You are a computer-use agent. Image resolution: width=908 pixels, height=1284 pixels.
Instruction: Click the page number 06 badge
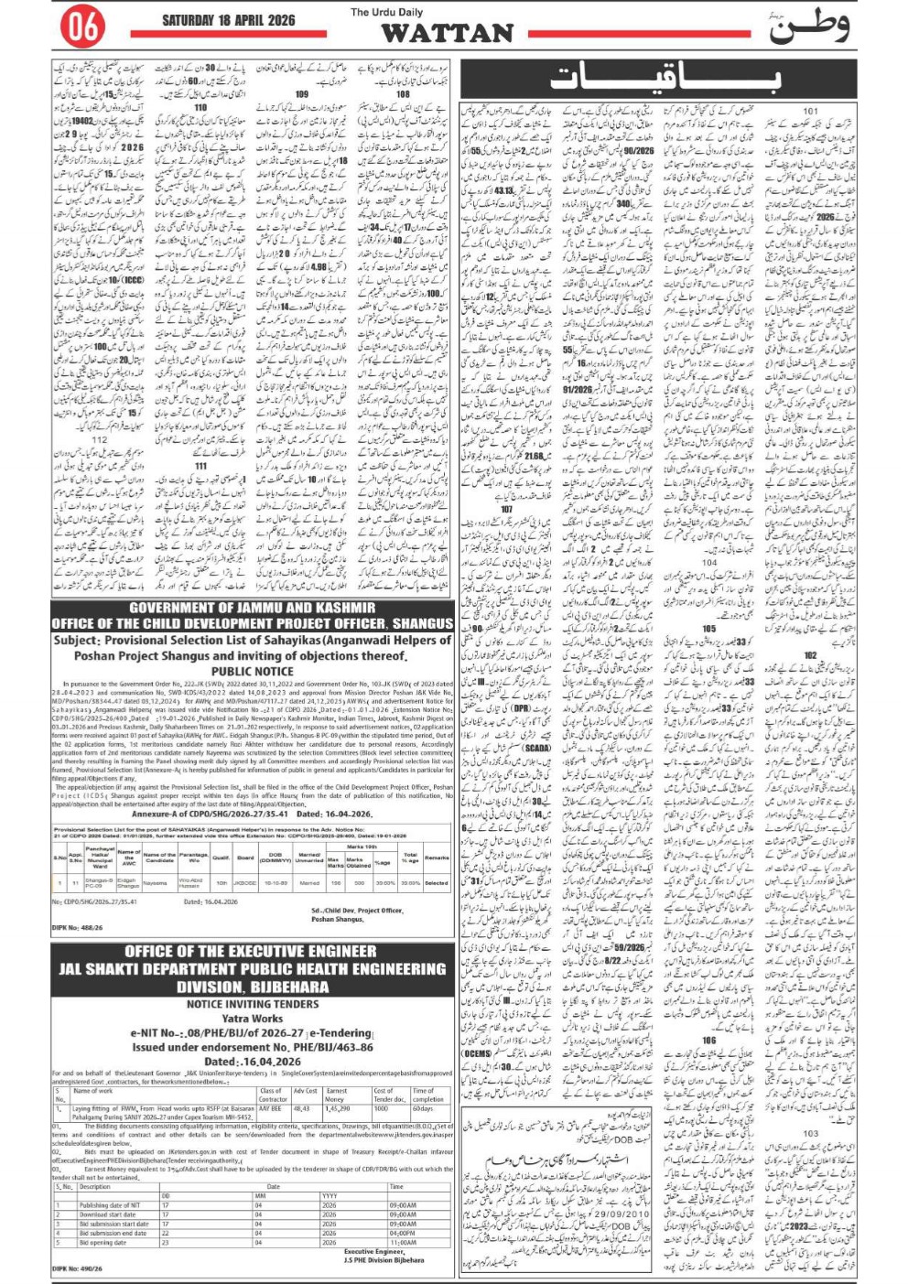click(81, 28)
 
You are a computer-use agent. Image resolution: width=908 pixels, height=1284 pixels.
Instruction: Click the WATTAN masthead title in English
click(447, 34)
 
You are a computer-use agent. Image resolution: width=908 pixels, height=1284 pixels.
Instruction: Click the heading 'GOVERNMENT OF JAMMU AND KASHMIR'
click(252, 608)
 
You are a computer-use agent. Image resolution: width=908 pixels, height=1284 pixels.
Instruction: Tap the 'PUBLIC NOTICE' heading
click(252, 671)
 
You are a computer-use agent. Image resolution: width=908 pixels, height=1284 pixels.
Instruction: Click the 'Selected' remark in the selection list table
click(437, 882)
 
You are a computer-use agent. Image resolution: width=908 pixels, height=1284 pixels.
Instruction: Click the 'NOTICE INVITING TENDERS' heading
click(253, 1004)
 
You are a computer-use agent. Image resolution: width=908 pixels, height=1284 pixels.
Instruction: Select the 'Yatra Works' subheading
click(253, 1018)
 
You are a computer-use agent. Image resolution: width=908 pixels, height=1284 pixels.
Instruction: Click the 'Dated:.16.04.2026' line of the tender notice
click(253, 1062)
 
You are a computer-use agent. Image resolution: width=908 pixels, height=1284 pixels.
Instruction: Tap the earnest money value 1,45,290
click(338, 1107)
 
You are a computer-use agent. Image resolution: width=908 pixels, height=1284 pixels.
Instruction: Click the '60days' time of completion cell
click(423, 1107)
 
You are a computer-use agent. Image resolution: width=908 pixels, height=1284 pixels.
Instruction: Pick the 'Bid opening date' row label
click(103, 1242)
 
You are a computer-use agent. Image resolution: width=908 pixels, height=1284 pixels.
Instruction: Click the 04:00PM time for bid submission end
click(403, 1233)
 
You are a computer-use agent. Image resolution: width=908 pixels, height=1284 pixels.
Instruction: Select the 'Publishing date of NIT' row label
click(110, 1205)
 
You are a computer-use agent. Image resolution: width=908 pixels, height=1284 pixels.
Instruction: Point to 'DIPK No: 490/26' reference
click(78, 1268)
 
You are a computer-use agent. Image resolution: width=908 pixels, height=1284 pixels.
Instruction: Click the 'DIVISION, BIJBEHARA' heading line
click(253, 987)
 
